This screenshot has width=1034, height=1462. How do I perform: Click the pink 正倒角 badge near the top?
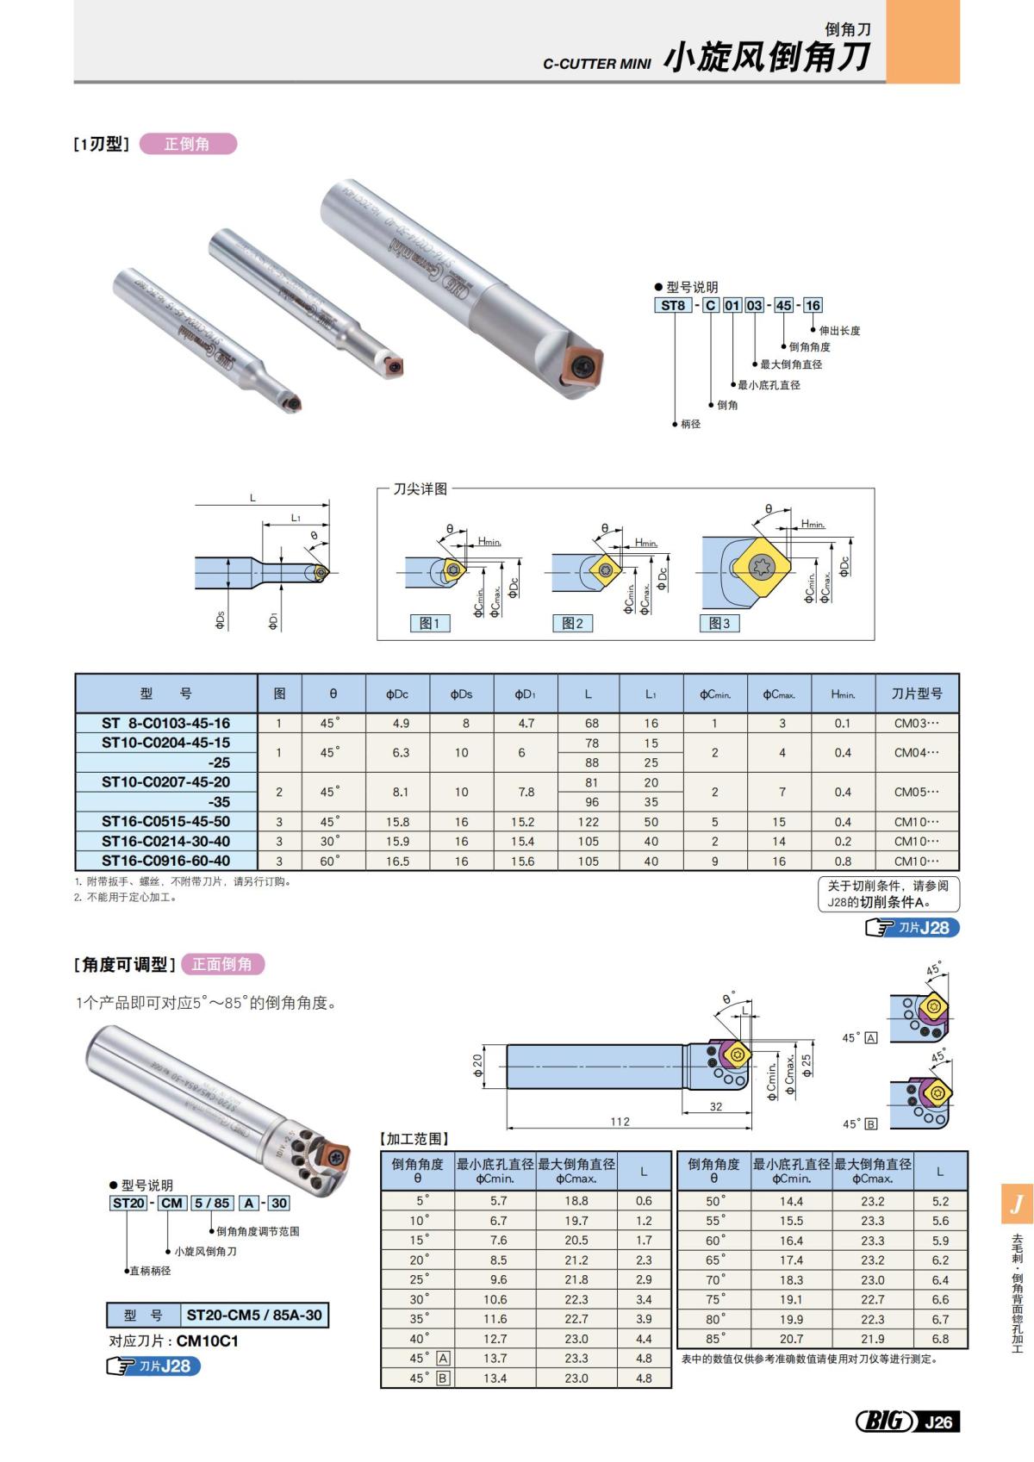(187, 144)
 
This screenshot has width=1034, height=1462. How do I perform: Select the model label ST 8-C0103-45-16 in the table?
(165, 723)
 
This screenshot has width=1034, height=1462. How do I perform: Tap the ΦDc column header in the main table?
(397, 694)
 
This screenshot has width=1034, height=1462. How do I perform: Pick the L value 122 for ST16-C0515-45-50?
(588, 822)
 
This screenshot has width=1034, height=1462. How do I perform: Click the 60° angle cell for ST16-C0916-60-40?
(330, 861)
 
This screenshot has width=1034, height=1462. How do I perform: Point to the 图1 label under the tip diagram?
(429, 623)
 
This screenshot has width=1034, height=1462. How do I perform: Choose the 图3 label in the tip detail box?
(719, 623)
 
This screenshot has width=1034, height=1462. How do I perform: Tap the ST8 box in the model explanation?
(672, 305)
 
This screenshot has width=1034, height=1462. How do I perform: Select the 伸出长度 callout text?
(839, 331)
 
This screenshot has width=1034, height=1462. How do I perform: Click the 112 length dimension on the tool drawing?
(620, 1122)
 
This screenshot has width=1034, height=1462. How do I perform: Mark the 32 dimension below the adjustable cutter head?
(716, 1107)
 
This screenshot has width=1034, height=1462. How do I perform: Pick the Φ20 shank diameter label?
(478, 1066)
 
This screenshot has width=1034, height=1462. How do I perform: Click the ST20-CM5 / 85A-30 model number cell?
(254, 1315)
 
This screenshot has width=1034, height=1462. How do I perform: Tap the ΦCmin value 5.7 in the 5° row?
(498, 1200)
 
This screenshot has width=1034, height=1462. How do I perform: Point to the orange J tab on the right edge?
(1018, 1204)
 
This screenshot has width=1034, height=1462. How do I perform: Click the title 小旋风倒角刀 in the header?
(766, 58)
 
